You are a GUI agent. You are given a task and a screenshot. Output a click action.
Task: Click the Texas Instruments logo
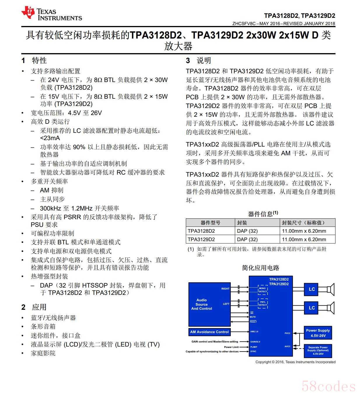click(x=51, y=14)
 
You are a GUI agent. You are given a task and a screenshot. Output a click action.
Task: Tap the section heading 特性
click(x=39, y=60)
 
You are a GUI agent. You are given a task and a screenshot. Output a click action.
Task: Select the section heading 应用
click(x=39, y=307)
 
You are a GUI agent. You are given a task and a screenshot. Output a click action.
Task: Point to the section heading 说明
click(x=204, y=60)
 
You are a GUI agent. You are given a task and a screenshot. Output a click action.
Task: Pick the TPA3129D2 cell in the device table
click(x=201, y=239)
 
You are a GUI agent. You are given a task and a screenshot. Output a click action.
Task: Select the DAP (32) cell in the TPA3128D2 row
click(x=247, y=231)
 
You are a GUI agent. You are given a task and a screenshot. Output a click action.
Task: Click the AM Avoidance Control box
click(x=209, y=332)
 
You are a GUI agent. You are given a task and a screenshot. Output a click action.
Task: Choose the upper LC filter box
click(x=312, y=289)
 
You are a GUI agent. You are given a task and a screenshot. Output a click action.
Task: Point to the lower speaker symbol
click(x=330, y=308)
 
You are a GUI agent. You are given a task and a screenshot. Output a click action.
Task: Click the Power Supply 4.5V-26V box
click(x=318, y=333)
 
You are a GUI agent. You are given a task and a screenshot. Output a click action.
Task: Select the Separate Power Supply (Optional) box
click(x=318, y=351)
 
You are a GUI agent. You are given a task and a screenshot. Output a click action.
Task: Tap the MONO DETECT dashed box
click(x=263, y=290)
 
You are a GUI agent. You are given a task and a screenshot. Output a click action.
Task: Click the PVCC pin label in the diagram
click(x=287, y=333)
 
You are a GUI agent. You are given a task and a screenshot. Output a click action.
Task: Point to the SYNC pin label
click(x=253, y=352)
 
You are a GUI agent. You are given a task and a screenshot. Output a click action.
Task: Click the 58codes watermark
click(x=328, y=387)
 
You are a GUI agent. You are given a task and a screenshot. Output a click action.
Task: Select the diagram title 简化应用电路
click(x=261, y=268)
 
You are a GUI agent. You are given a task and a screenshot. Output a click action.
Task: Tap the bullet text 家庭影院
click(x=43, y=353)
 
